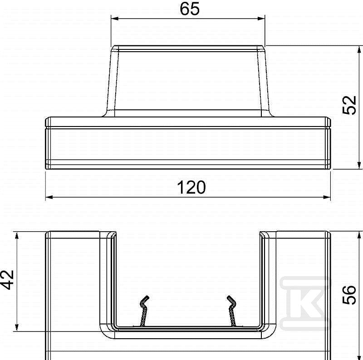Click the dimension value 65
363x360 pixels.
coord(189,9)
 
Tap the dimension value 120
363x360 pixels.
coord(191,187)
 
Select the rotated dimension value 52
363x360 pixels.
coord(349,105)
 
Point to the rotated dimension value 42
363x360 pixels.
coord(7,280)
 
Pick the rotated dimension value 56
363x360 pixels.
coord(349,295)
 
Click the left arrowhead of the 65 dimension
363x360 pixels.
coord(115,19)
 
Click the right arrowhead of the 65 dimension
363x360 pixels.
coord(261,19)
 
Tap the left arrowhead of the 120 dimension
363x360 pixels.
coord(49,197)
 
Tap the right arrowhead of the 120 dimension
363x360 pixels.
coord(326,197)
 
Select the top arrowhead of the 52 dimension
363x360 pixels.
coord(359,50)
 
